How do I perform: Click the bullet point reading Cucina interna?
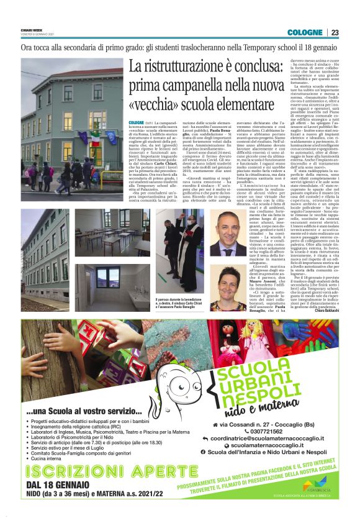pyautogui.click(x=52, y=476)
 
